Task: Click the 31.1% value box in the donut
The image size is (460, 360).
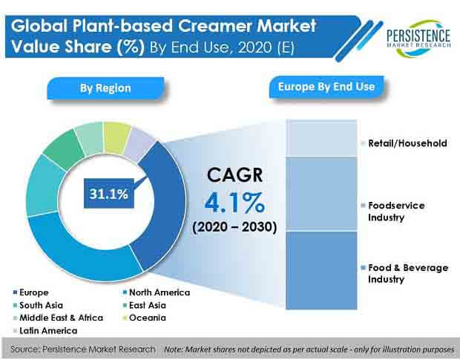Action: pyautogui.click(x=108, y=195)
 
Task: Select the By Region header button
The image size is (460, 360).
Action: pyautogui.click(x=105, y=88)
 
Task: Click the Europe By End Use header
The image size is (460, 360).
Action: pyautogui.click(x=326, y=87)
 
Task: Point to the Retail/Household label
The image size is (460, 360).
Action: pyautogui.click(x=407, y=143)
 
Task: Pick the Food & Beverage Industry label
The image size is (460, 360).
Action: pyautogui.click(x=405, y=273)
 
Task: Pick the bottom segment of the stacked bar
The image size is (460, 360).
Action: pyautogui.click(x=321, y=269)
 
